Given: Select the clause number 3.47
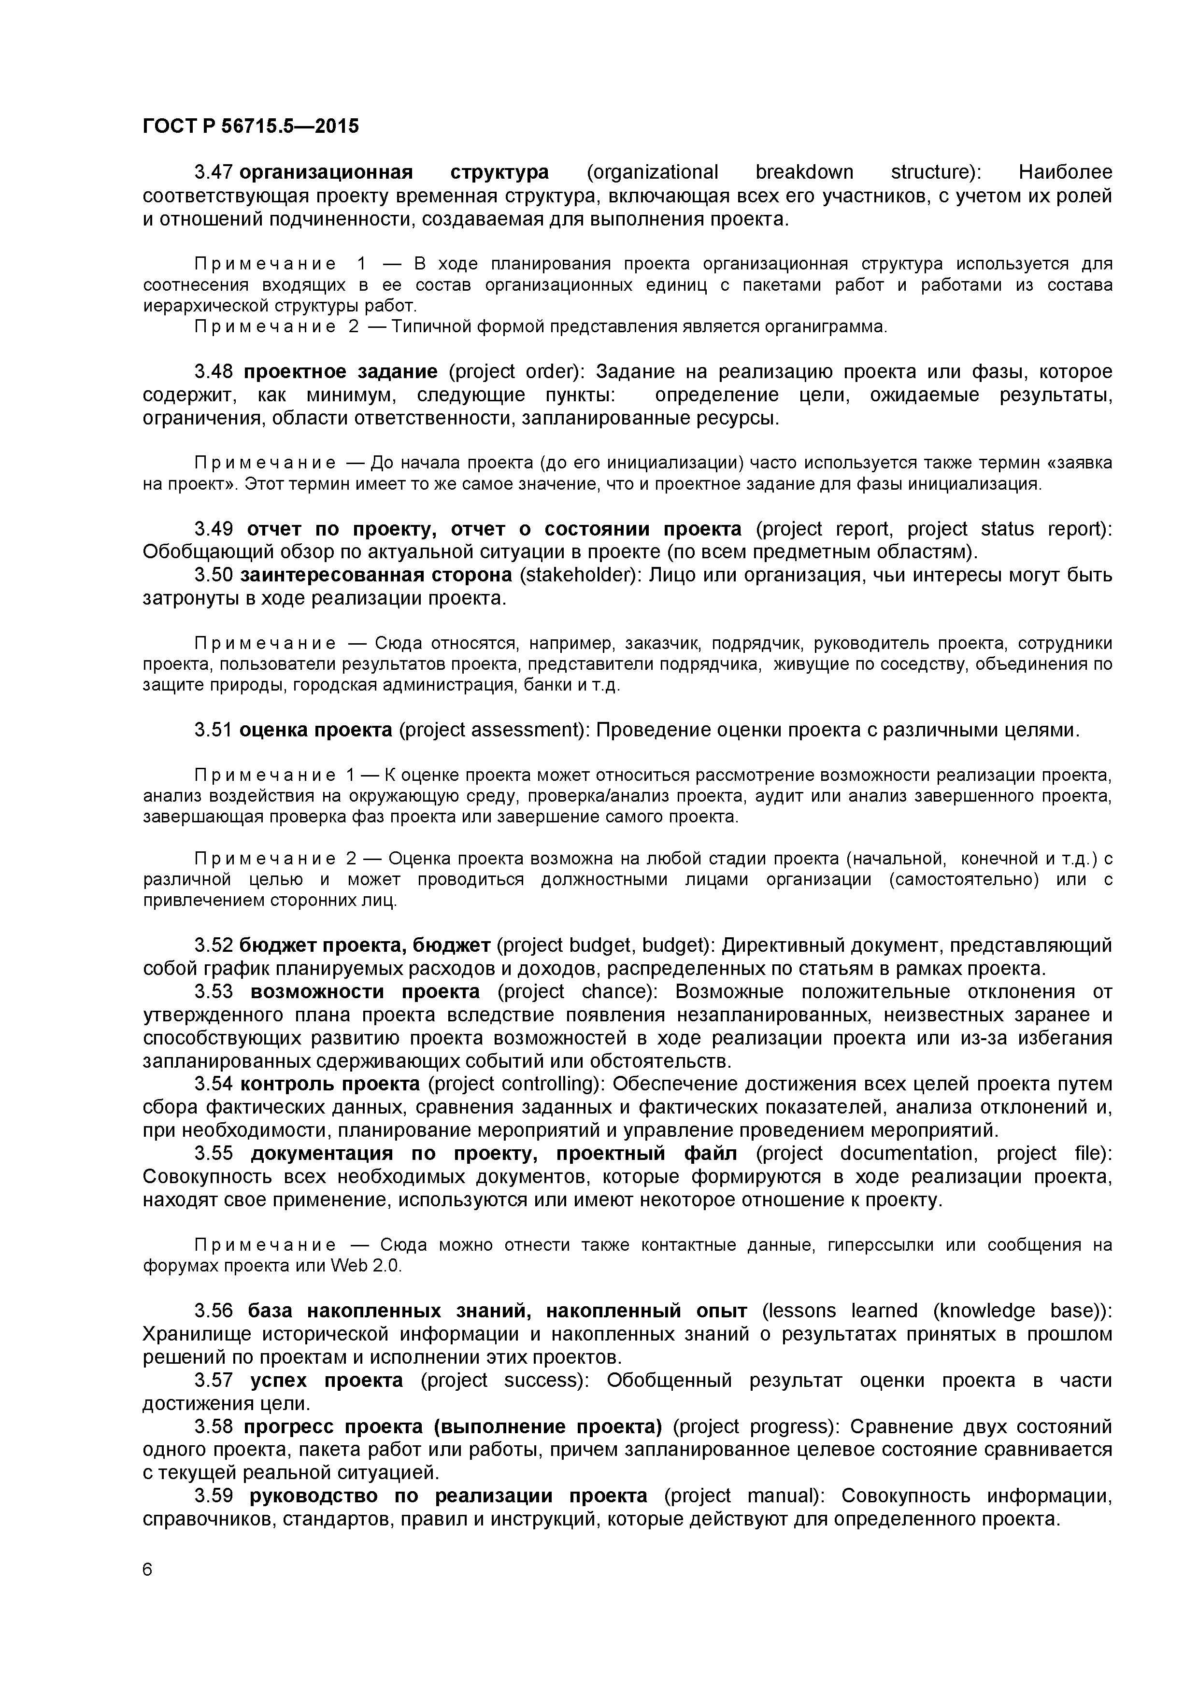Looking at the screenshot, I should click(x=214, y=173).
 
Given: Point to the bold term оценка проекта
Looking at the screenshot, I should click(x=316, y=731).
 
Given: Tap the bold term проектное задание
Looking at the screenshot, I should click(x=340, y=372).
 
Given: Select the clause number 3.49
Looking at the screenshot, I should click(x=214, y=529).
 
